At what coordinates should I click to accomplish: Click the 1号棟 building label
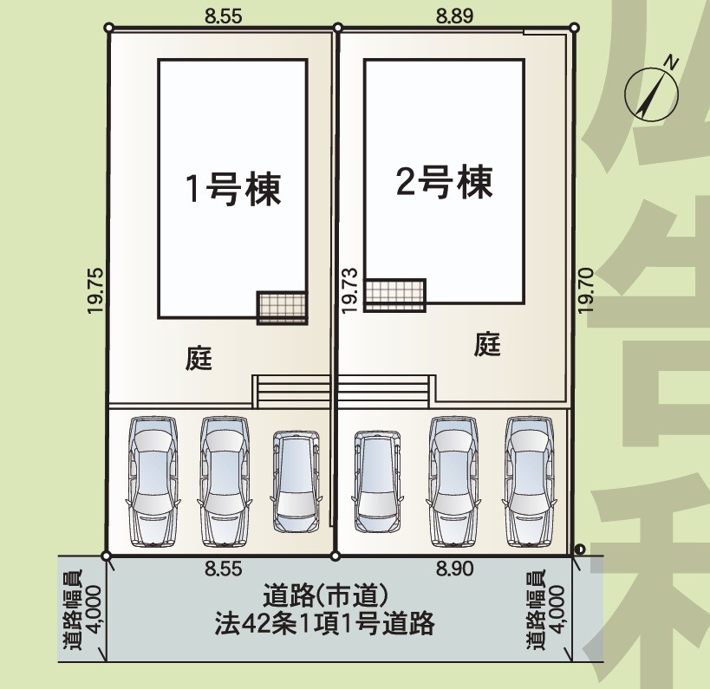[233, 188]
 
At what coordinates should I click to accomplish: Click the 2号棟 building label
[444, 182]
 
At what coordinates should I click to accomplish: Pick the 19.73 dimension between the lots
[348, 289]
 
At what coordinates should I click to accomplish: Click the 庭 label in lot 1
[199, 358]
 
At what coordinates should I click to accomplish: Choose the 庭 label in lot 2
[488, 345]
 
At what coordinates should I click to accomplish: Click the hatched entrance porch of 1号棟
[282, 307]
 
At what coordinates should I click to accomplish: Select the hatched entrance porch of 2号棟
[394, 294]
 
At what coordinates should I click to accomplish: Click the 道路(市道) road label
[323, 596]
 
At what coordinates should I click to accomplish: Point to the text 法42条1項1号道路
[324, 624]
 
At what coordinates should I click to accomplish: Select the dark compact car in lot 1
[296, 481]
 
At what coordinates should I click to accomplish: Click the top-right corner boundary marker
[573, 29]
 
